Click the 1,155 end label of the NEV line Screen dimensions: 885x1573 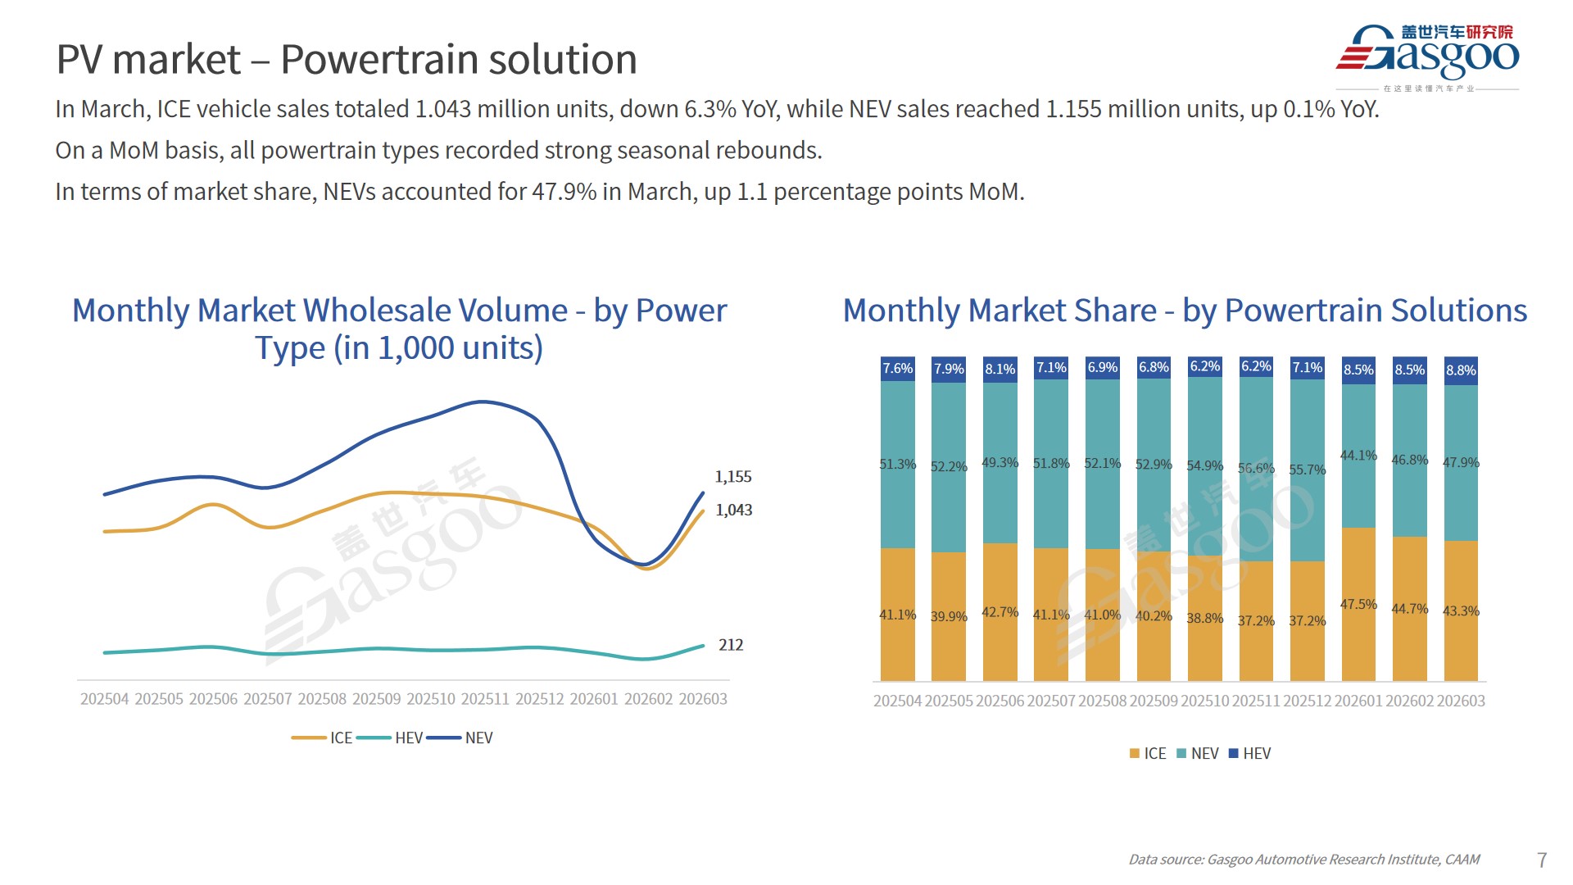pyautogui.click(x=732, y=477)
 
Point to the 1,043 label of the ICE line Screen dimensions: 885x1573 pyautogui.click(x=733, y=511)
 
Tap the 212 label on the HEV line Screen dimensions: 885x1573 pyautogui.click(x=731, y=645)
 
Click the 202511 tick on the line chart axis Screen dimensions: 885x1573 pyautogui.click(x=485, y=699)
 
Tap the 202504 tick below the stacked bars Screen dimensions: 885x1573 pyautogui.click(x=897, y=701)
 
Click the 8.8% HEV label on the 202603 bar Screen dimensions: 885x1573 pyautogui.click(x=1461, y=370)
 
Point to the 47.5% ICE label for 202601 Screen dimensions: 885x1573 pyautogui.click(x=1358, y=605)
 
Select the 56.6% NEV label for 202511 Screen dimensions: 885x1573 pyautogui.click(x=1256, y=469)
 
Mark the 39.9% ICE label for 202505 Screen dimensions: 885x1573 pyautogui.click(x=949, y=616)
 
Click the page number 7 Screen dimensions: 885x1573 pyautogui.click(x=1542, y=860)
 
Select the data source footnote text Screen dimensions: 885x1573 pyautogui.click(x=1303, y=860)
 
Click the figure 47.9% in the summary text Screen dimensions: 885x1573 pyautogui.click(x=564, y=192)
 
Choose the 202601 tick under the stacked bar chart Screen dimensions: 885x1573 pyautogui.click(x=1358, y=701)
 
